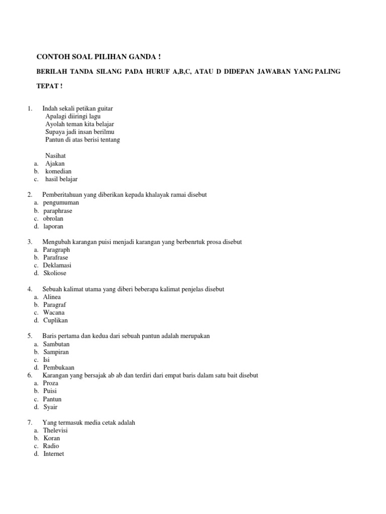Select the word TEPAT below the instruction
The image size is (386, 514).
click(x=47, y=86)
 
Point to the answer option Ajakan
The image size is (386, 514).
click(x=55, y=164)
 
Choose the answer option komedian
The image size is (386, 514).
click(x=58, y=171)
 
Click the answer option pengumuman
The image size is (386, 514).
click(x=61, y=203)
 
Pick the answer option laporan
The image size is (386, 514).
click(x=53, y=226)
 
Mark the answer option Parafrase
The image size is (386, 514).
click(x=55, y=258)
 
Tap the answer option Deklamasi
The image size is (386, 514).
click(x=57, y=266)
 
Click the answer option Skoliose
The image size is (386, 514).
click(x=55, y=273)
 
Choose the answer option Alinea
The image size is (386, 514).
click(x=52, y=297)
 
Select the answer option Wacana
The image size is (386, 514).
click(x=53, y=312)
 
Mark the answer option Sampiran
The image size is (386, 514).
click(x=56, y=352)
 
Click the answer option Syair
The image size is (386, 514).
click(x=50, y=407)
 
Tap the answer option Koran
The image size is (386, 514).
click(x=52, y=438)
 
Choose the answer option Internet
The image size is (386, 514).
click(x=54, y=454)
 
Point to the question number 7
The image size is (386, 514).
click(x=30, y=423)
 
